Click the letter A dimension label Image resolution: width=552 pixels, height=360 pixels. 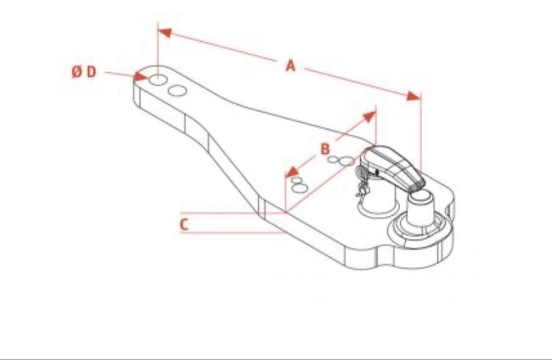coord(291,66)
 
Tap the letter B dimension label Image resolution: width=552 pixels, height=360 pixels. coord(325,149)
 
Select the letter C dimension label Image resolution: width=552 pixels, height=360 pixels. coord(184,224)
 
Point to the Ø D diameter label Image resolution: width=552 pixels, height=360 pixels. coord(84,72)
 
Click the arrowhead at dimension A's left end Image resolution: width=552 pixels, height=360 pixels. coord(165,33)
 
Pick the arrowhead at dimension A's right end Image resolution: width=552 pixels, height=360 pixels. coord(413,96)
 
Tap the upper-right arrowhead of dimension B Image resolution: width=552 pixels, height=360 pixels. coord(370,117)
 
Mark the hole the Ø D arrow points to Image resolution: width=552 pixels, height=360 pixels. coord(158,80)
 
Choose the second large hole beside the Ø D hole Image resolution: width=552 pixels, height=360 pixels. coord(177,91)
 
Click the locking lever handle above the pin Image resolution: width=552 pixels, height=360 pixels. coord(392,167)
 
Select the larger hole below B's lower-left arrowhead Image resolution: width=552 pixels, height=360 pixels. coord(299,189)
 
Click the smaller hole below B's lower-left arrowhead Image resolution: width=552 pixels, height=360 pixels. coord(296,180)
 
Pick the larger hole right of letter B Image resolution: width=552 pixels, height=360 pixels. coord(346,161)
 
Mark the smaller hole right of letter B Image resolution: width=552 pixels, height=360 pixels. coord(333,160)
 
